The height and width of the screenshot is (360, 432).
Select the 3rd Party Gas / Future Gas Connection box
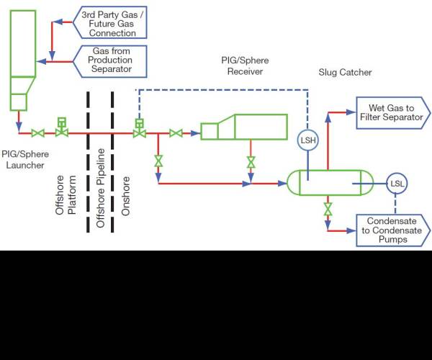tap(109, 22)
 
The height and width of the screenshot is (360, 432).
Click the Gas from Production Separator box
tap(109, 61)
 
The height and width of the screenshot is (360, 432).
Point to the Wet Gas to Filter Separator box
tap(393, 112)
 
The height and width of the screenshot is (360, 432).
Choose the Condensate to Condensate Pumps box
tap(393, 230)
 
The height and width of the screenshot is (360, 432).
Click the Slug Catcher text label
tap(345, 73)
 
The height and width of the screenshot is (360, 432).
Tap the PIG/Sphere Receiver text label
tap(245, 66)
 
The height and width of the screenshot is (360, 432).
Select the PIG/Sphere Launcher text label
tap(25, 159)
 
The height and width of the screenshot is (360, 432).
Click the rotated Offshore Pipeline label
tap(101, 188)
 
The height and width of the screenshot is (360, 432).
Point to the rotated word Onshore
tap(125, 196)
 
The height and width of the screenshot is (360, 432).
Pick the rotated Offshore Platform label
tap(66, 195)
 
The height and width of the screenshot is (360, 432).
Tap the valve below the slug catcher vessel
tap(328, 209)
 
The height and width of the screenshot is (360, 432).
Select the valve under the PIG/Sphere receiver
tap(251, 162)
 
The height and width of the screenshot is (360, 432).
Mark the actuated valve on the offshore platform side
tap(62, 127)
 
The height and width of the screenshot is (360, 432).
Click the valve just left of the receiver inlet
tap(176, 133)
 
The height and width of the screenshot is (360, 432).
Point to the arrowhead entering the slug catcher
tap(282, 184)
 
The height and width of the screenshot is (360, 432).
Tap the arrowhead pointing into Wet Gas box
tap(351, 112)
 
